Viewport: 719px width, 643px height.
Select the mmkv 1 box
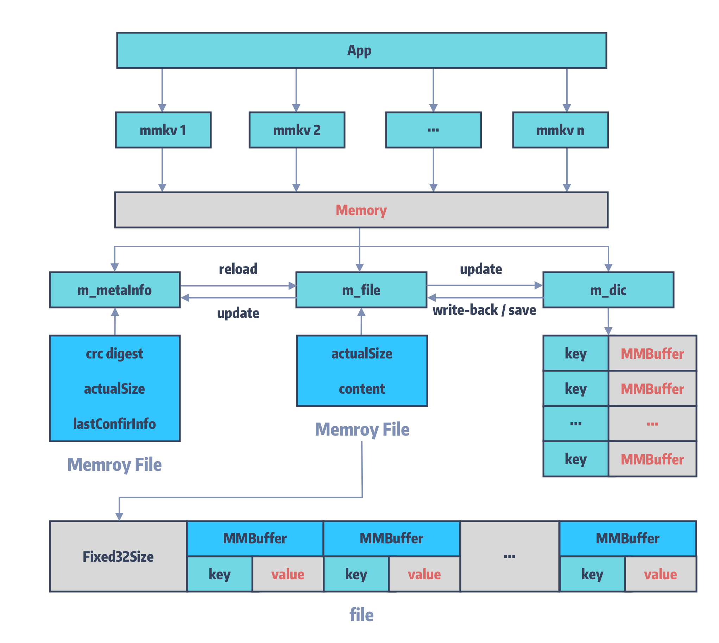click(x=163, y=130)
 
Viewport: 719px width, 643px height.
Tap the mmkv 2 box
click(x=297, y=130)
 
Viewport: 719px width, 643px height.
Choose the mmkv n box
click(x=560, y=130)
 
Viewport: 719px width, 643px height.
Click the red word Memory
click(x=361, y=210)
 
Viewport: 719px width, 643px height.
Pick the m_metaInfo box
click(x=115, y=290)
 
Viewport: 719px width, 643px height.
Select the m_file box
click(x=361, y=290)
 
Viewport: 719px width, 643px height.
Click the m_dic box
click(x=608, y=290)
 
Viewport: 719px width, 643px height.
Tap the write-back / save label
click(x=484, y=310)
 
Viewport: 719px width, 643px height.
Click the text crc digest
click(x=114, y=354)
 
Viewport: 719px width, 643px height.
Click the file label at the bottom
click(x=361, y=615)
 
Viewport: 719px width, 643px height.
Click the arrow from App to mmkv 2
click(x=296, y=88)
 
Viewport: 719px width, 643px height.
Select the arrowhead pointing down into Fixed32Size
click(x=119, y=517)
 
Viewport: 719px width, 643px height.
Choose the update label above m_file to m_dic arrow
click(x=481, y=269)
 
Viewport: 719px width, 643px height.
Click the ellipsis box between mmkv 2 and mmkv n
click(x=433, y=130)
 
